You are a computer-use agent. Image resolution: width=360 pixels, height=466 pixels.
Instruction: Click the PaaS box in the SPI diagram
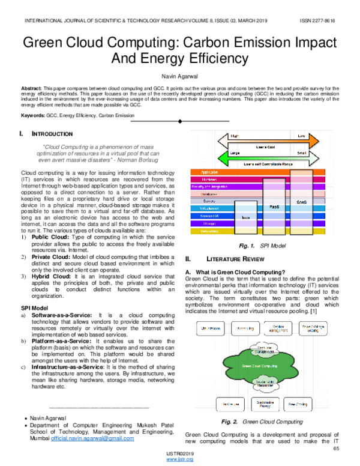pyautogui.click(x=274, y=207)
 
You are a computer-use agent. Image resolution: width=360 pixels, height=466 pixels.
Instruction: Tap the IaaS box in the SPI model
pyautogui.click(x=245, y=217)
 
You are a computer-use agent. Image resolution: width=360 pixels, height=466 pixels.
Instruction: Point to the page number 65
pyautogui.click(x=336, y=448)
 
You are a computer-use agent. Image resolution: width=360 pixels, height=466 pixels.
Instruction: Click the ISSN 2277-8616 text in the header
pyautogui.click(x=319, y=20)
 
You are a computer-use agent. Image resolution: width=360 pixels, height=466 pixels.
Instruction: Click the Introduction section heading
pyautogui.click(x=53, y=133)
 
